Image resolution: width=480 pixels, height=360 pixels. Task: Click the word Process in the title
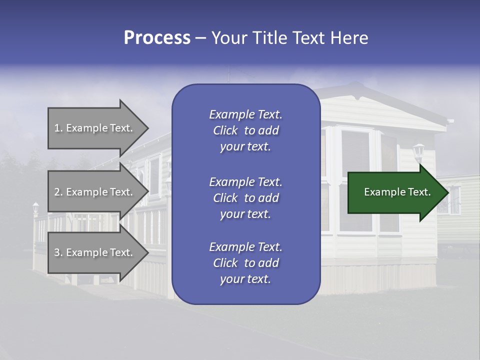[x=157, y=38]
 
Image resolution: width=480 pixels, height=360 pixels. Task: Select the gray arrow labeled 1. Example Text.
[x=95, y=128]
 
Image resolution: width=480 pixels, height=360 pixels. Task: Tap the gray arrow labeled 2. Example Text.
[x=95, y=192]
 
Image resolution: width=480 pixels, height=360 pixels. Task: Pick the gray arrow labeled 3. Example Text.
[x=95, y=252]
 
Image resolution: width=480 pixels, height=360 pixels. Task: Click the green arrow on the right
[x=395, y=192]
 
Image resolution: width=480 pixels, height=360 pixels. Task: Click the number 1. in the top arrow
[x=58, y=128]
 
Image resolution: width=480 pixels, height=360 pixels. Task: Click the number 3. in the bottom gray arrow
[x=58, y=252]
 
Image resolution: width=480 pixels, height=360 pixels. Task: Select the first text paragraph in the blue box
[x=245, y=130]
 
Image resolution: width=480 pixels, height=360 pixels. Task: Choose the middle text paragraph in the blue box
[x=245, y=198]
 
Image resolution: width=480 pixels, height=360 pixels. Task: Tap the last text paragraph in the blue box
[x=245, y=263]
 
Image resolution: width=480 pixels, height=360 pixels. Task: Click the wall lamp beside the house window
[x=418, y=151]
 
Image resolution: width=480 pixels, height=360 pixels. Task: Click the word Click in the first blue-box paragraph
[x=225, y=130]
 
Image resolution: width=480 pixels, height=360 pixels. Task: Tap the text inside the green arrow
[x=397, y=192]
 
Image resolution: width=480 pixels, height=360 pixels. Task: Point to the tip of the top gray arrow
[x=148, y=128]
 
